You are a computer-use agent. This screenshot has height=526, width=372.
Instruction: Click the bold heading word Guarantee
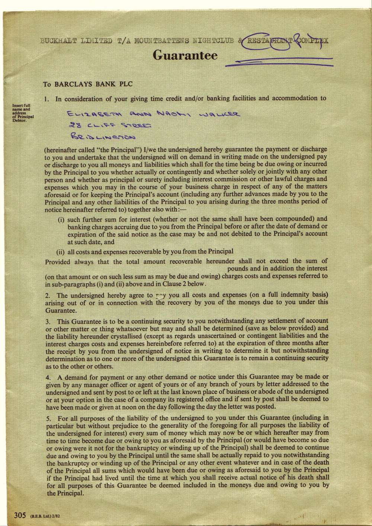tap(185, 55)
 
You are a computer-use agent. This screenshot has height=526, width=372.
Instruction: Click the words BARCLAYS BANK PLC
tap(93, 84)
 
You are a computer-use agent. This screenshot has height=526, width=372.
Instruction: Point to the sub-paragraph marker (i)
tap(61, 219)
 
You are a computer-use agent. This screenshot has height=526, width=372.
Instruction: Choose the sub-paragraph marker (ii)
tap(60, 251)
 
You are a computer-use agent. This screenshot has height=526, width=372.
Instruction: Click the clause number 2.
tap(48, 296)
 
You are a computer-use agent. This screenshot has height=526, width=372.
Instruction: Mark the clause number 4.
tap(48, 377)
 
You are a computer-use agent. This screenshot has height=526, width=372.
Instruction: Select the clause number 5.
tap(48, 418)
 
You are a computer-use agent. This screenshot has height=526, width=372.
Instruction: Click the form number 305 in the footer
tap(20, 515)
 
